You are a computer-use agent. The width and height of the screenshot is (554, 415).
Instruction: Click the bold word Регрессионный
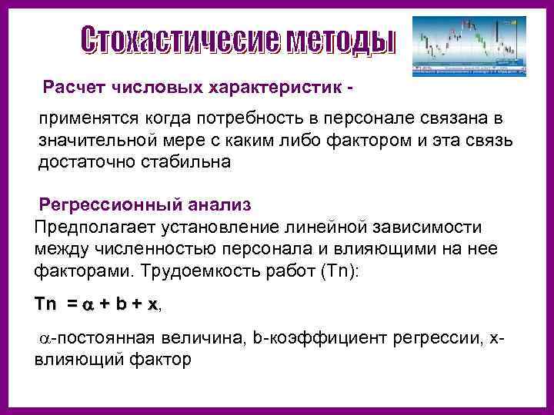105,205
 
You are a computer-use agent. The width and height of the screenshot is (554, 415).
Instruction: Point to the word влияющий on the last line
76,358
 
